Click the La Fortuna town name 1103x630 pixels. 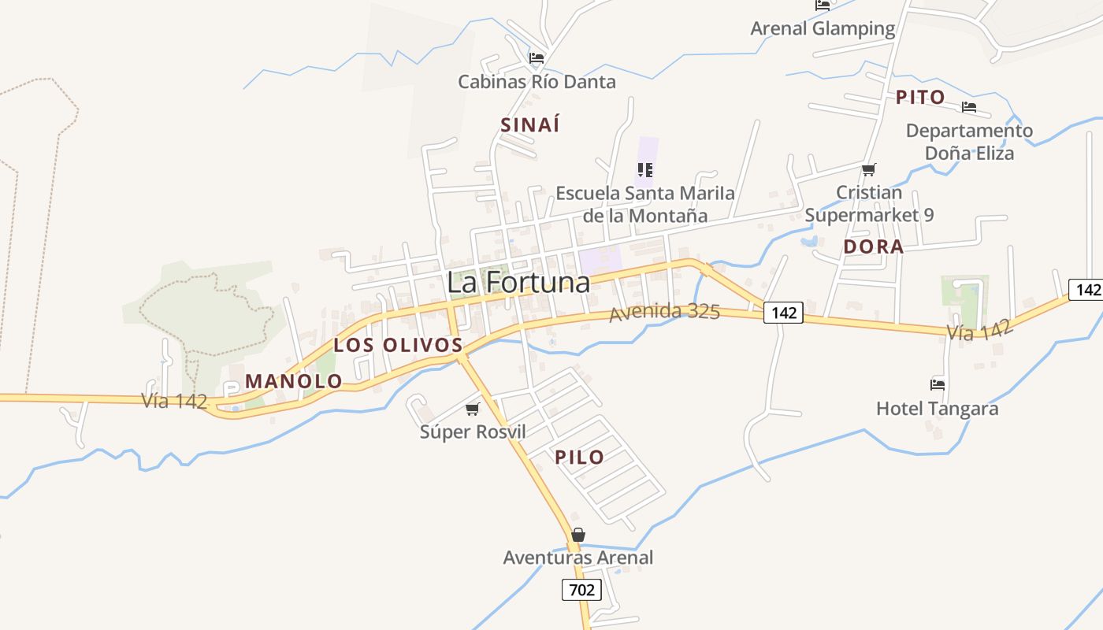(x=518, y=283)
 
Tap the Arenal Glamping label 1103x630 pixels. (x=823, y=29)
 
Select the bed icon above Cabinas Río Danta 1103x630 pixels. (x=537, y=58)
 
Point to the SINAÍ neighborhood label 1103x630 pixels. (x=530, y=124)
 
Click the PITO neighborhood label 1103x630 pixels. (x=920, y=98)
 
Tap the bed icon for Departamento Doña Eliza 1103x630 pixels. (x=969, y=107)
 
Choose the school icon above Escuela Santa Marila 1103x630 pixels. (x=645, y=169)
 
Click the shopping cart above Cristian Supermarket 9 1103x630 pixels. (x=869, y=169)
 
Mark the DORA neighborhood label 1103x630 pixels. (x=873, y=246)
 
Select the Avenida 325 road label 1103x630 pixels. (x=664, y=312)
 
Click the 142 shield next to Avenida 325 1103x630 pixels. (x=783, y=313)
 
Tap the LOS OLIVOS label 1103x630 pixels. (x=398, y=345)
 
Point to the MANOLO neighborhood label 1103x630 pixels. (x=294, y=381)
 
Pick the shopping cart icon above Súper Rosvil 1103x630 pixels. (x=472, y=409)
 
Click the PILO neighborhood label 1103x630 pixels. (x=579, y=457)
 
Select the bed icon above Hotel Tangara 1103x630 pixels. (x=938, y=385)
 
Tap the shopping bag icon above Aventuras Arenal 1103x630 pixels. (x=578, y=535)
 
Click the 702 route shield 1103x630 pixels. (x=581, y=589)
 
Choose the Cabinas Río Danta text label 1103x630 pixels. (x=537, y=82)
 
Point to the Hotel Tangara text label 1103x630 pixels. (x=937, y=409)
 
